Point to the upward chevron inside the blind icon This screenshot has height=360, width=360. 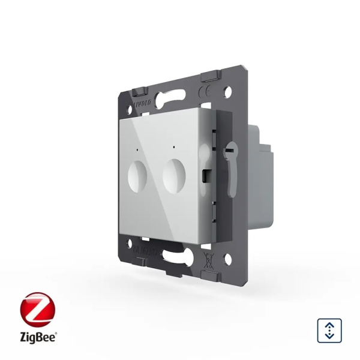(x=328, y=324)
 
